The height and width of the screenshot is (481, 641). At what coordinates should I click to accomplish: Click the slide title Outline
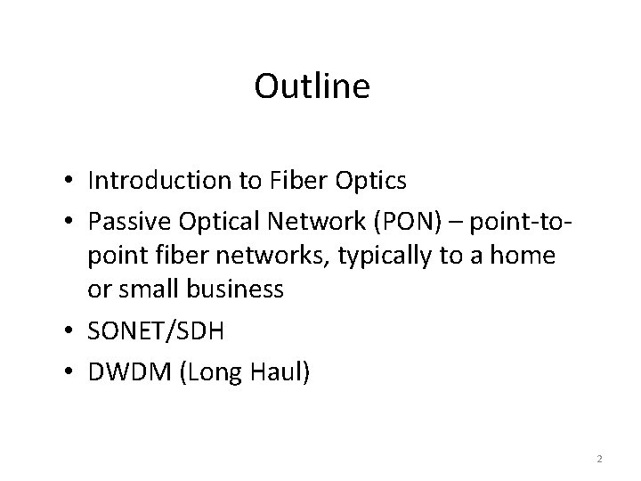point(312,86)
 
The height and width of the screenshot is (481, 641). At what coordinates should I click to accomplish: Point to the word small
point(147,289)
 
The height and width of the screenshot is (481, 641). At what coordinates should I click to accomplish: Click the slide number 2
point(599,459)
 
